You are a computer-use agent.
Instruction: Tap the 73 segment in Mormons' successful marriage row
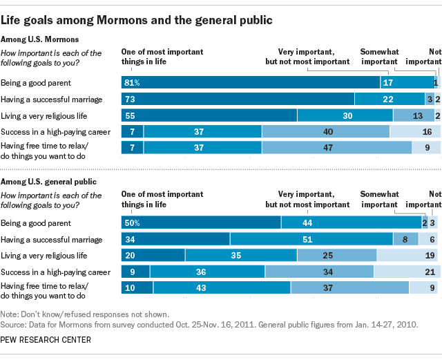[238, 99]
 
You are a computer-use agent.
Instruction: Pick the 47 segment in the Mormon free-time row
[337, 146]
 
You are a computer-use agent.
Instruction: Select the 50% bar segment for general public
[200, 223]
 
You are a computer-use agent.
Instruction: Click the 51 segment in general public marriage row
[311, 239]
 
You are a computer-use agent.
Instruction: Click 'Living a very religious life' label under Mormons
[45, 115]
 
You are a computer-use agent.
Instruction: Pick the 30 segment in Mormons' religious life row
[345, 115]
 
